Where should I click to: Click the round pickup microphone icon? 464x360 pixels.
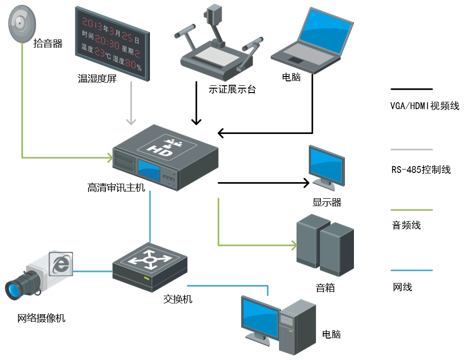point(22,23)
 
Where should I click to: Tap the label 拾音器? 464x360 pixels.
point(48,44)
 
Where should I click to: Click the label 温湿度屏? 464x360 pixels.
point(97,79)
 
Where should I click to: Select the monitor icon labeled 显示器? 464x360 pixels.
point(326,168)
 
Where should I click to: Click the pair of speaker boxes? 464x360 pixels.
point(325,246)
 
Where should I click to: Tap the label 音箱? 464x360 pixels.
point(325,287)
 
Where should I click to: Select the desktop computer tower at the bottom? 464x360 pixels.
point(297,326)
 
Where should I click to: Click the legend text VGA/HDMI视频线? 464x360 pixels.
point(425,106)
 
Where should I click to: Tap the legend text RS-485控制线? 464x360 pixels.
point(421,170)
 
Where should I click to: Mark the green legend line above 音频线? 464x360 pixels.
point(411,210)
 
